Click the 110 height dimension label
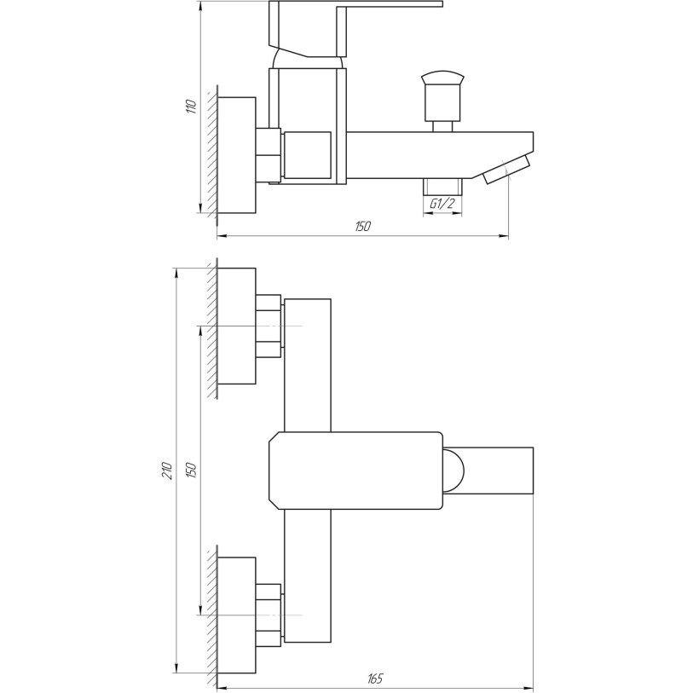tap(191, 107)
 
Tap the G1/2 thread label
tap(442, 204)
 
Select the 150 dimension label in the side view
tap(363, 227)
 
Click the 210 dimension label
tap(166, 471)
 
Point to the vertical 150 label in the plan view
tap(191, 471)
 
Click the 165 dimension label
tap(375, 678)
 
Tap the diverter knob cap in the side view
tap(442, 78)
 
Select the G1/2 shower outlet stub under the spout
tap(442, 187)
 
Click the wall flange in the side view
tap(236, 155)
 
